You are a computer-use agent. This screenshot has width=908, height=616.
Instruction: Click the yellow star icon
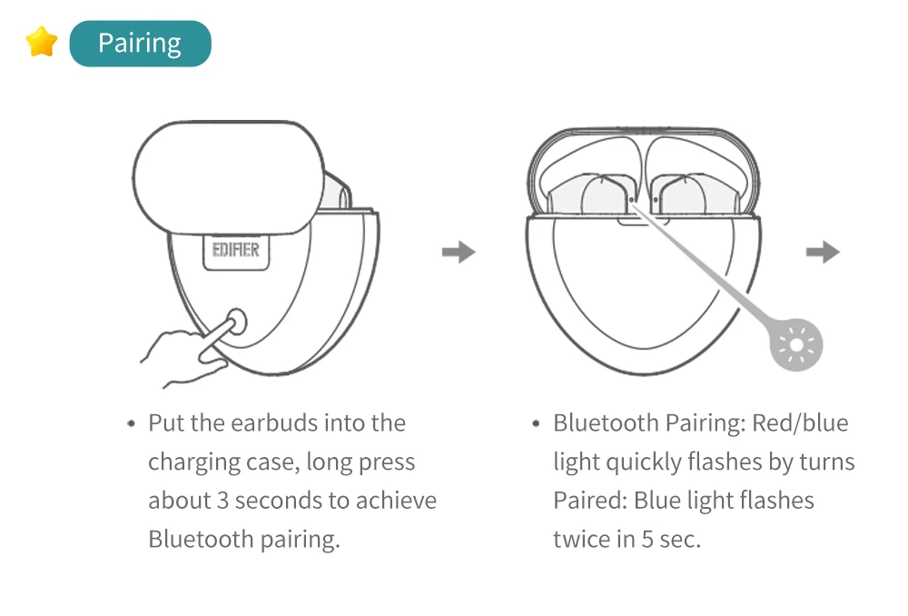click(x=42, y=42)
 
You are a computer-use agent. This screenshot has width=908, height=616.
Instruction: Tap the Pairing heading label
click(x=140, y=44)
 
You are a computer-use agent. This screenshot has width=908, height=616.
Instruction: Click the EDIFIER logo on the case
click(x=235, y=250)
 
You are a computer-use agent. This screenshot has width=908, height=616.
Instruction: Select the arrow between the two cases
click(x=459, y=252)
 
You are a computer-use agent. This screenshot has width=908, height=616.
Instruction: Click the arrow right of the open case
click(x=823, y=252)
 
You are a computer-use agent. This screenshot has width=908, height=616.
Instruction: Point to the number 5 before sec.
click(x=647, y=539)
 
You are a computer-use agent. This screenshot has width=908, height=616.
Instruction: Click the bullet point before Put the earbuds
click(x=132, y=424)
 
